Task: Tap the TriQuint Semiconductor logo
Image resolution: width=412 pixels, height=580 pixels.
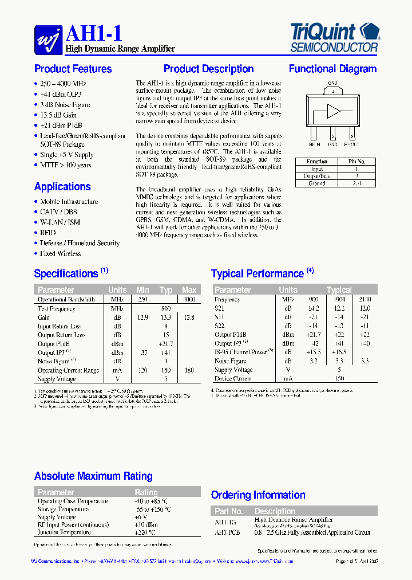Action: pyautogui.click(x=335, y=38)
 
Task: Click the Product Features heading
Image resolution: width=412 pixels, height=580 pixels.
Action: pyautogui.click(x=73, y=69)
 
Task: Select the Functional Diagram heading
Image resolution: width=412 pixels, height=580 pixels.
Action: pyautogui.click(x=332, y=69)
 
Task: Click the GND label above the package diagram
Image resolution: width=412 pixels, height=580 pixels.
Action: pyautogui.click(x=333, y=84)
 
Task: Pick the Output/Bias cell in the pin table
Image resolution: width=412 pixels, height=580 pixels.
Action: pyautogui.click(x=316, y=177)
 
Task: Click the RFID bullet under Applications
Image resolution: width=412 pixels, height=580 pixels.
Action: pyautogui.click(x=48, y=233)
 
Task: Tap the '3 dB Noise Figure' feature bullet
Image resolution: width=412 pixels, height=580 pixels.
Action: pyautogui.click(x=65, y=105)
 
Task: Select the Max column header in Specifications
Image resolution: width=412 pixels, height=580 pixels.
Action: pyautogui.click(x=189, y=290)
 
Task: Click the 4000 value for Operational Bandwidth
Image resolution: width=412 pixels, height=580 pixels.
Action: pyautogui.click(x=188, y=300)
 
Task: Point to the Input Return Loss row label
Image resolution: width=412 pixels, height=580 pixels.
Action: pyautogui.click(x=60, y=326)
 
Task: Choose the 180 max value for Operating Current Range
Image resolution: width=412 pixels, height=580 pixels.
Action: pyautogui.click(x=188, y=370)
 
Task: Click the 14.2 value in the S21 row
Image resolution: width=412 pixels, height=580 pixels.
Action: pyautogui.click(x=314, y=308)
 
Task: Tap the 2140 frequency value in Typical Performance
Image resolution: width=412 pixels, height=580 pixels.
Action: pyautogui.click(x=365, y=300)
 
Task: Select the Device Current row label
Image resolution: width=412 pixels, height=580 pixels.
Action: pyautogui.click(x=233, y=379)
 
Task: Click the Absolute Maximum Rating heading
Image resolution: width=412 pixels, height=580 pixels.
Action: pyautogui.click(x=93, y=476)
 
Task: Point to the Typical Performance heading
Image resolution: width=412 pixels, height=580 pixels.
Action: pyautogui.click(x=257, y=274)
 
